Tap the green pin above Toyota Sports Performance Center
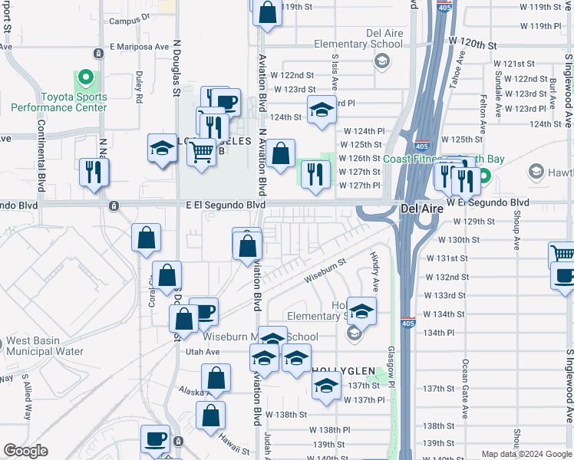pos(84,77)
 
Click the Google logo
pos(25,451)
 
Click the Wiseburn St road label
pos(325,273)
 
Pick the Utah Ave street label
pos(203,352)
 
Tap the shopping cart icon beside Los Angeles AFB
pos(201,152)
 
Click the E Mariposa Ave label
pos(138,46)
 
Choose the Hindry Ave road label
pos(374,272)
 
